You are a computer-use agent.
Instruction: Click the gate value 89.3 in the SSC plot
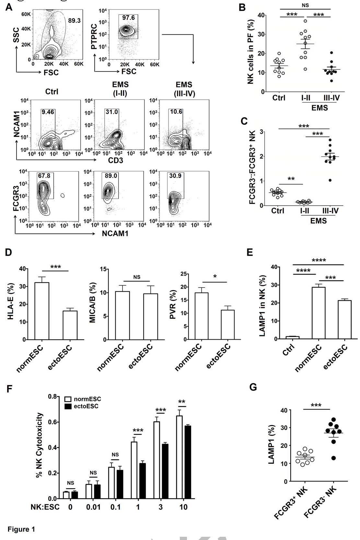[74, 20]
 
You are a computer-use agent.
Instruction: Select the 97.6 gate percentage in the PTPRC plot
[128, 17]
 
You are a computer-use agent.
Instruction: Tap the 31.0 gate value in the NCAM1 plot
[111, 112]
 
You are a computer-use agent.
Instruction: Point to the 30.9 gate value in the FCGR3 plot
[175, 175]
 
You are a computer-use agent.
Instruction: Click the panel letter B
[242, 7]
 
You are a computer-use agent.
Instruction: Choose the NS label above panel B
[305, 5]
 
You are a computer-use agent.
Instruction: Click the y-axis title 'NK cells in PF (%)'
[250, 52]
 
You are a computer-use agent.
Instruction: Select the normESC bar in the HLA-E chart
[42, 311]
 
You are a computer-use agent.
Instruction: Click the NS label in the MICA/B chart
[137, 277]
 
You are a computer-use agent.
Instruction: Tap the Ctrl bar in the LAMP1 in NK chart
[292, 337]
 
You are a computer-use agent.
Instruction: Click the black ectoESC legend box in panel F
[68, 406]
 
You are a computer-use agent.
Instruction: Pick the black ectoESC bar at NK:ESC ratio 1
[142, 481]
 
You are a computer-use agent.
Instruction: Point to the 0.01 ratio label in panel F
[93, 507]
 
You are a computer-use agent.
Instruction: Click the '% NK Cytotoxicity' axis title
[39, 445]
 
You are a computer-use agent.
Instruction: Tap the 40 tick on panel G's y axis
[284, 411]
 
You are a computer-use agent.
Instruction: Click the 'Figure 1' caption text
[21, 529]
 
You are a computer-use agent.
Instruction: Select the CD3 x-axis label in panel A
[115, 160]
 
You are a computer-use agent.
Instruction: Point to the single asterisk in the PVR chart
[215, 276]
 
